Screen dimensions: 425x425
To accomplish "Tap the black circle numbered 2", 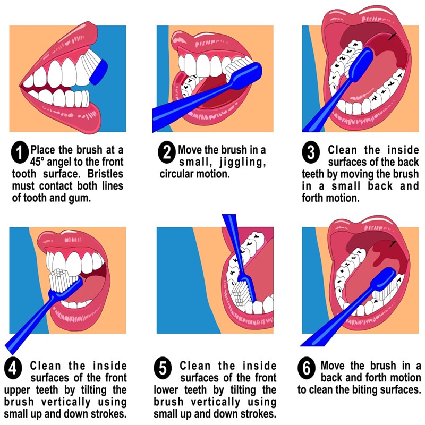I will tap(167, 154).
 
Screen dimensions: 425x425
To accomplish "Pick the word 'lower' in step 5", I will tap(169, 389).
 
